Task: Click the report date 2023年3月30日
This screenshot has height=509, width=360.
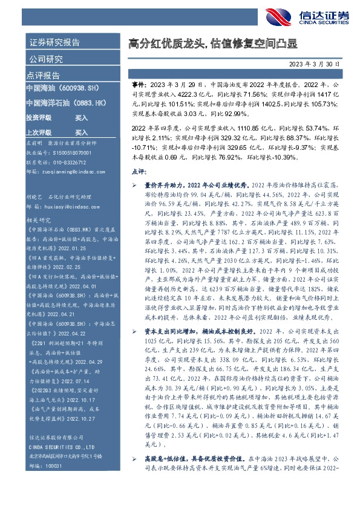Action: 318,63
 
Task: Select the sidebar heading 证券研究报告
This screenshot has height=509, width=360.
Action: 54,44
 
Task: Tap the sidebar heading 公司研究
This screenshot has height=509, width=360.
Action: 46,59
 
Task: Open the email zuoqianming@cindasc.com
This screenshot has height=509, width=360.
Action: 68,172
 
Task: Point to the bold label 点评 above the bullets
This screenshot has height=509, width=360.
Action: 138,172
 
